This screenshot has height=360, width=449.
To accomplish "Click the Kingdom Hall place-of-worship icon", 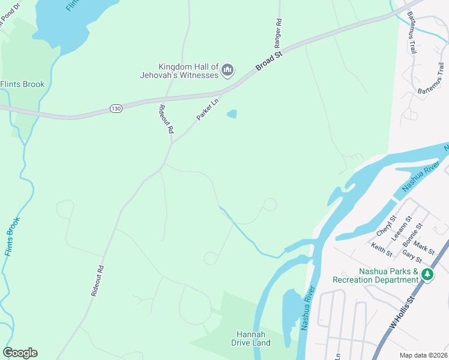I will click(228, 71).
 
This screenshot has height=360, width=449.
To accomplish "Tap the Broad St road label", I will click(269, 61).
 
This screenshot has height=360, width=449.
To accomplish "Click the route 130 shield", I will click(116, 108).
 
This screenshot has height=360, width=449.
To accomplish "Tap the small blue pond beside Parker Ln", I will click(231, 113).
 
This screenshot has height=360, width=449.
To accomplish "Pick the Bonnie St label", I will click(414, 234).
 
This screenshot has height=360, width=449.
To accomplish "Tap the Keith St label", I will click(381, 247).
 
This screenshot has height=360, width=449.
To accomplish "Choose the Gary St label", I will click(412, 257).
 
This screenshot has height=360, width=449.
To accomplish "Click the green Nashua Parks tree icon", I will click(427, 275).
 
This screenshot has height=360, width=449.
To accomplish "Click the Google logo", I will click(20, 353).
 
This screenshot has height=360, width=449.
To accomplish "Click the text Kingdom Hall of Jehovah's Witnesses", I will click(187, 71).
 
